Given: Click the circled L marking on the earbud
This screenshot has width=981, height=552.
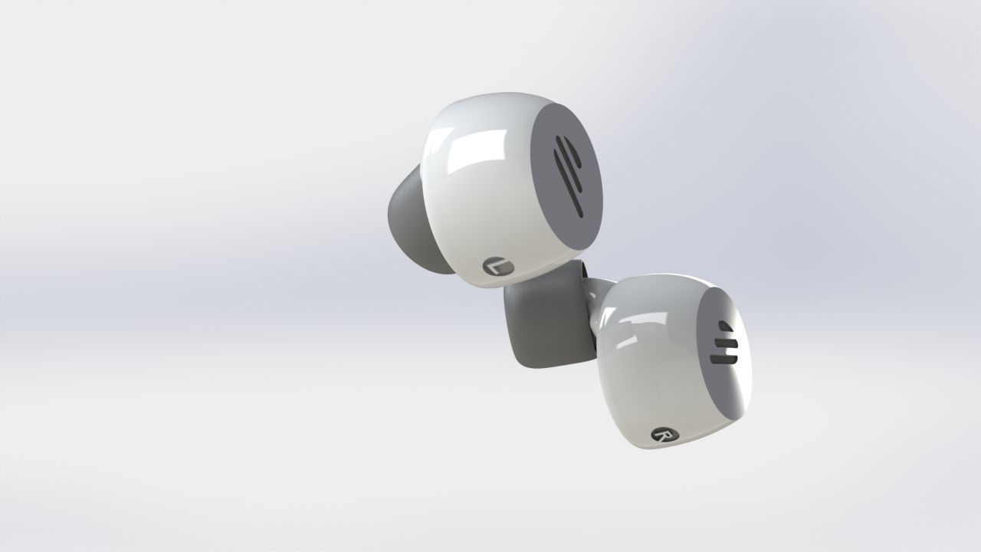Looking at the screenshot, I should click(x=499, y=268).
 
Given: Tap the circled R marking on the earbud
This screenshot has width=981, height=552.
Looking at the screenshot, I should click(x=661, y=435).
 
